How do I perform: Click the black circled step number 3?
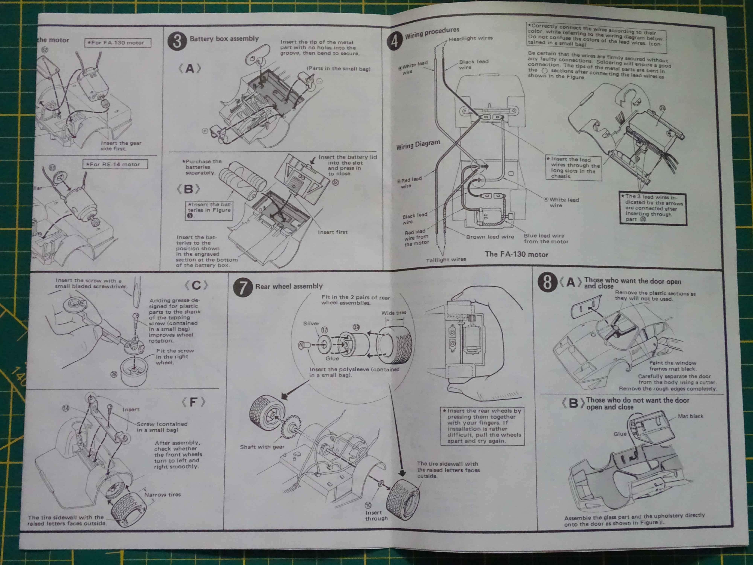(177, 41)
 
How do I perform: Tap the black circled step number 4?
(394, 41)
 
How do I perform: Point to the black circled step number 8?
(547, 282)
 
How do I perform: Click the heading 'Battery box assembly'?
(224, 38)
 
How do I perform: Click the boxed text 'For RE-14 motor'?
(115, 164)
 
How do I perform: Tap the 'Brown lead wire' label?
(490, 237)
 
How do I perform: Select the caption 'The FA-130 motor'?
(516, 254)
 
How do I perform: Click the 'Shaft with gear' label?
(262, 447)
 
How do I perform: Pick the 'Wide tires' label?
(393, 313)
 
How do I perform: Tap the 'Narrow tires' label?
(162, 495)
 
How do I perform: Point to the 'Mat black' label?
(690, 416)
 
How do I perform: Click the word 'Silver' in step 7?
(311, 324)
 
